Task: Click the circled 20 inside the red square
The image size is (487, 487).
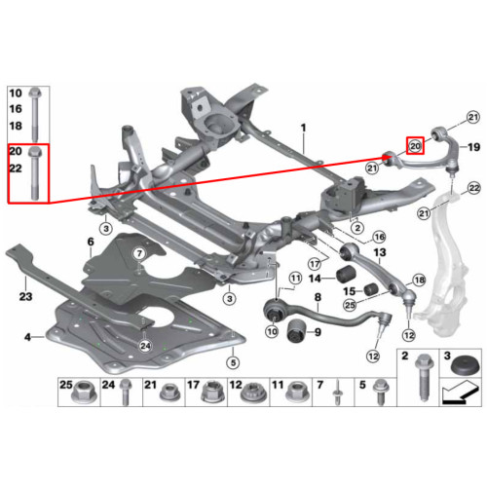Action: coord(416,146)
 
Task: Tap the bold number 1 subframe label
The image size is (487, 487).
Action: coord(303,129)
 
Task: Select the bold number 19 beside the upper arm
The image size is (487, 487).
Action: coord(473,147)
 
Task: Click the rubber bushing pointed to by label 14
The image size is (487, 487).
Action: coord(347,275)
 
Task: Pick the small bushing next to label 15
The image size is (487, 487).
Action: coord(371,289)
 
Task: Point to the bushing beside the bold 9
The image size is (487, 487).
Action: coord(296,330)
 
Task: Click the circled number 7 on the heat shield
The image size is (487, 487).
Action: coord(139,253)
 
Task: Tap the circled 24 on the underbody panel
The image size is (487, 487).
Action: coord(145,346)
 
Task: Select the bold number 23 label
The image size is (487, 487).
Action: coord(25,296)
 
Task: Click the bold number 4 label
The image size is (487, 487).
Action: coord(28,337)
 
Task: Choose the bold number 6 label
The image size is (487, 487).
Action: coord(91,242)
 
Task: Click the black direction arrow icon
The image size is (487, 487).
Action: coord(461,393)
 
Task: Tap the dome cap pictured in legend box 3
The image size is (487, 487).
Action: coord(462,366)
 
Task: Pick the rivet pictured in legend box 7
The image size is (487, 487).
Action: coord(337,393)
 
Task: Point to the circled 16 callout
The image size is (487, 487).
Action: coord(380,237)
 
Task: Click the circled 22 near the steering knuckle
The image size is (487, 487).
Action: coord(474,188)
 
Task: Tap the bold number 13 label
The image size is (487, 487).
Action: coord(380,252)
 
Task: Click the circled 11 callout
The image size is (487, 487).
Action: coord(295,278)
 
